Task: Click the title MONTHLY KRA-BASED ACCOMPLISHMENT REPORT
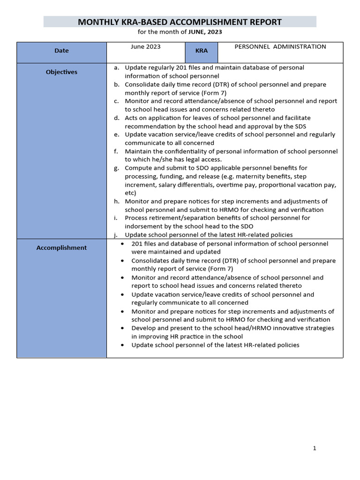(180, 22)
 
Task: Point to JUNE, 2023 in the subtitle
(205, 32)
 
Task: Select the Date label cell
(61, 51)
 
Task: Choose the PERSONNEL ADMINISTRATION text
(280, 46)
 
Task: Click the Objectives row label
(61, 72)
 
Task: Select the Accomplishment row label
(61, 248)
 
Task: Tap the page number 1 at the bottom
(315, 448)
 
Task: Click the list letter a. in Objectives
(116, 67)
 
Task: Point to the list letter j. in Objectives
(116, 234)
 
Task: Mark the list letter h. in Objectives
(116, 201)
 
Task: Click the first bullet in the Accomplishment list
(122, 244)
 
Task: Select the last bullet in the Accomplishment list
(122, 345)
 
